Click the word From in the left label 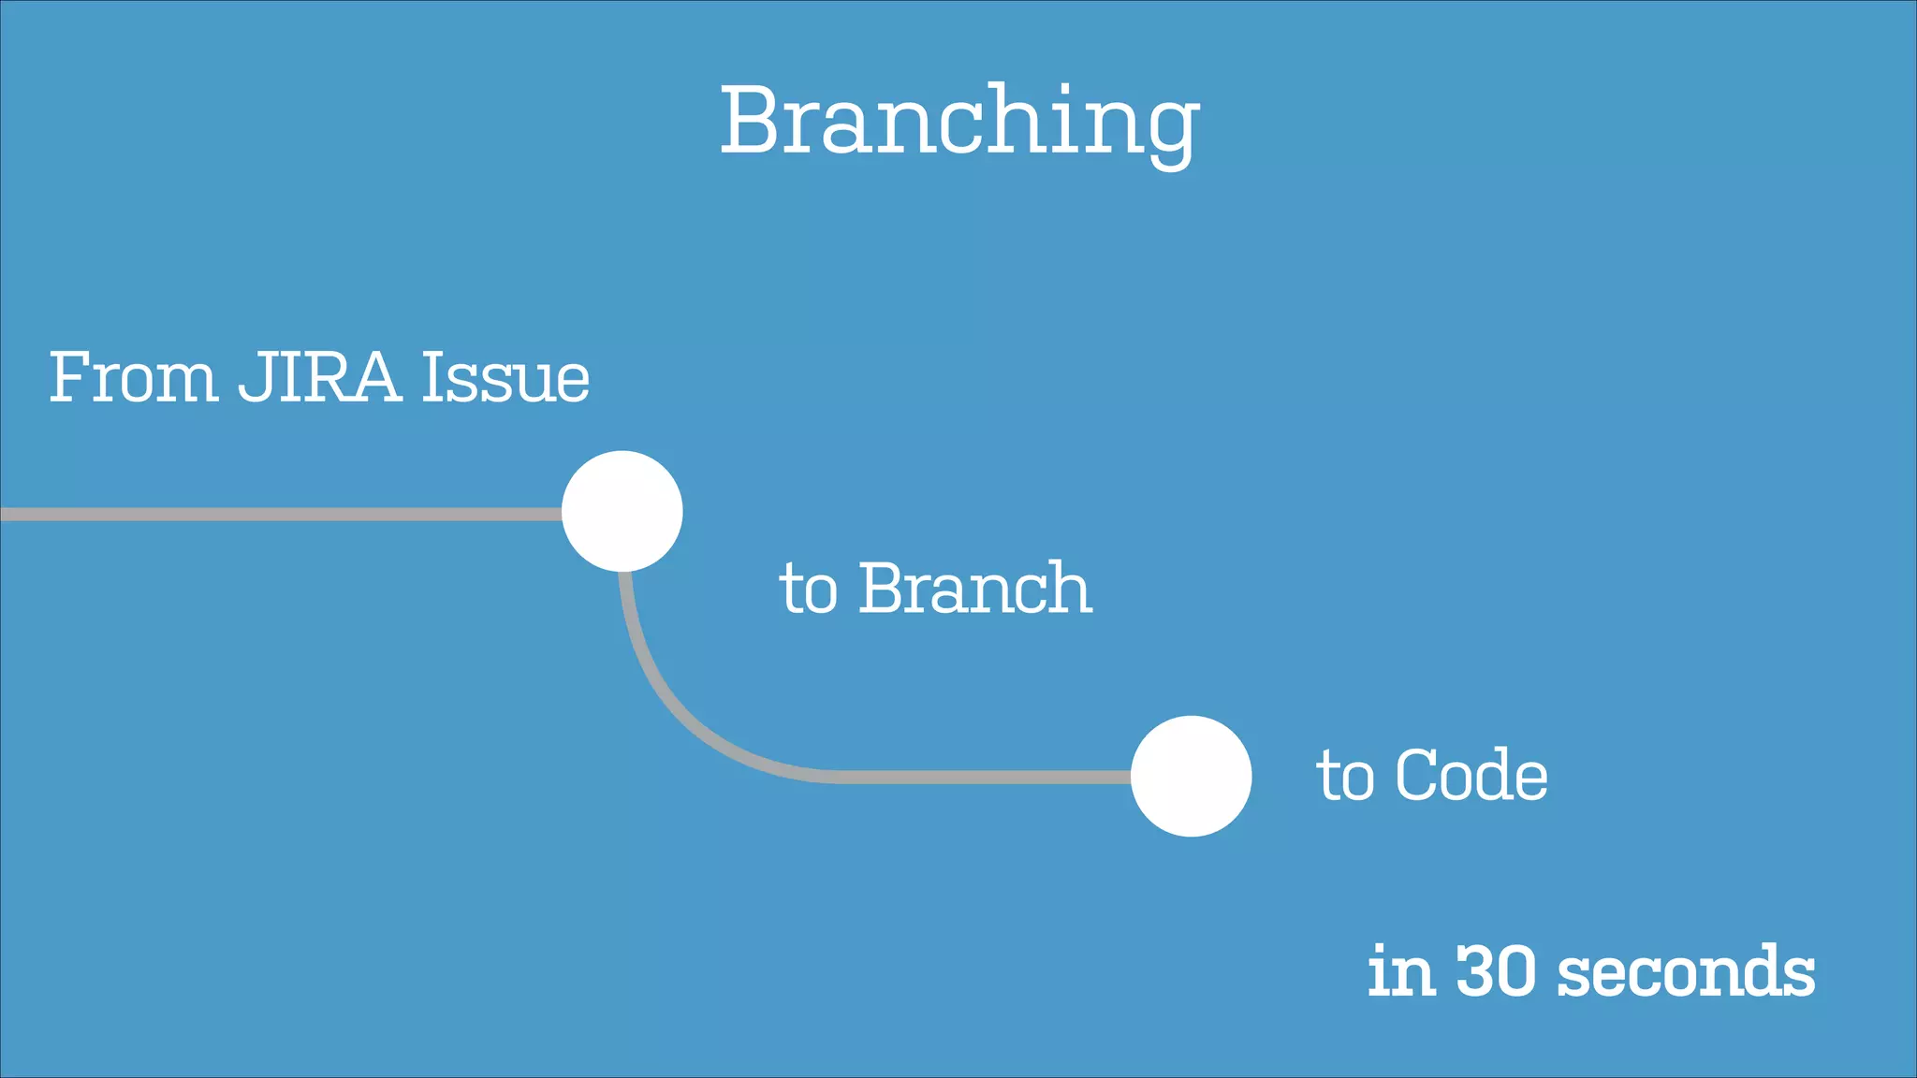pos(133,377)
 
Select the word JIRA pos(319,377)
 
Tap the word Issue pos(505,377)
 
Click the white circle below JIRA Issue pos(622,511)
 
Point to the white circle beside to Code pos(1191,776)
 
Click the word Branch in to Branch pos(974,589)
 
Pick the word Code pos(1471,776)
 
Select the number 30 pos(1496,970)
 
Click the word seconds pos(1686,970)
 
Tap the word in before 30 pos(1401,970)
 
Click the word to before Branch pos(808,590)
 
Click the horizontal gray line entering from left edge pos(281,514)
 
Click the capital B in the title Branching pos(753,122)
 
